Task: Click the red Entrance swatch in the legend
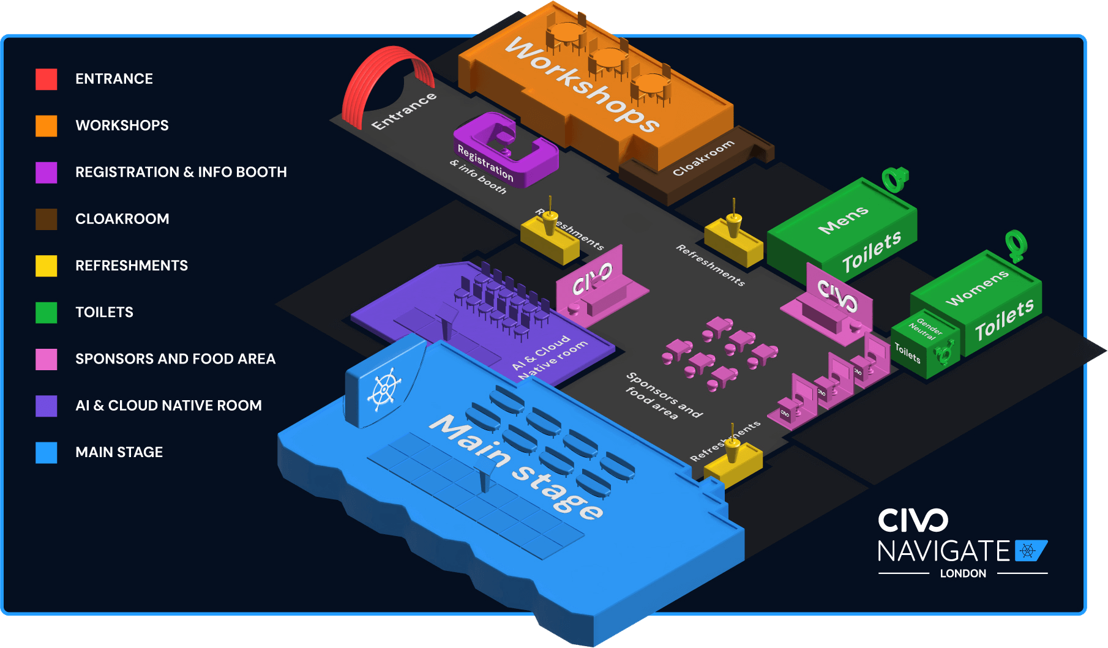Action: [x=46, y=79]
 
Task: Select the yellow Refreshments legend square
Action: [x=46, y=266]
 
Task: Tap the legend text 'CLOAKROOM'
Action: [x=122, y=219]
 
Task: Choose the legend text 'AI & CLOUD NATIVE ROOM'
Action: [x=168, y=406]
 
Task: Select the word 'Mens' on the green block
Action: [x=843, y=220]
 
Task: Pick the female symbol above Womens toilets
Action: [x=1016, y=245]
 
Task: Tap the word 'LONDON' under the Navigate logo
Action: [x=963, y=573]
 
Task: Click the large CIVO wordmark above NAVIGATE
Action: [x=913, y=521]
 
